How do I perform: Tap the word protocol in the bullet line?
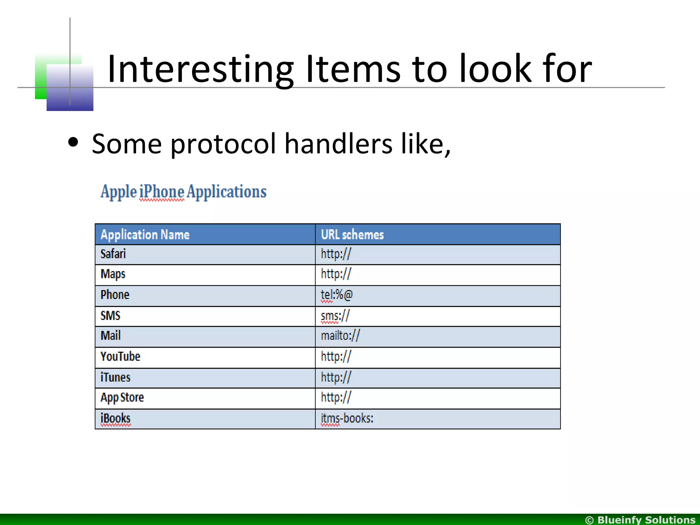coord(223,144)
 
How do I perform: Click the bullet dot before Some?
coord(73,142)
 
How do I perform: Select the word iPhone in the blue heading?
coord(162,192)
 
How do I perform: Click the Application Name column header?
coord(145,235)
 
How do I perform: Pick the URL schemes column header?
coord(352,235)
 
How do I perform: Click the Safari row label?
coord(113,254)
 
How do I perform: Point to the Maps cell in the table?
coord(113,274)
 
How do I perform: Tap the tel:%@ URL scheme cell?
coord(336,295)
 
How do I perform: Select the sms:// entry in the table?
coord(335,316)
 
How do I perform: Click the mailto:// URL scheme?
coord(340,336)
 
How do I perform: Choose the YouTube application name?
coord(120,356)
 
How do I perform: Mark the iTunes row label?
coord(116,377)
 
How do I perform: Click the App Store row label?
coord(122,398)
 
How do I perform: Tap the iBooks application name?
coord(116,418)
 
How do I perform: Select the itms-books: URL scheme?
coord(347,418)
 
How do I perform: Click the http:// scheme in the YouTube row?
coord(336,356)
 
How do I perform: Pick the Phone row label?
coord(115,295)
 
